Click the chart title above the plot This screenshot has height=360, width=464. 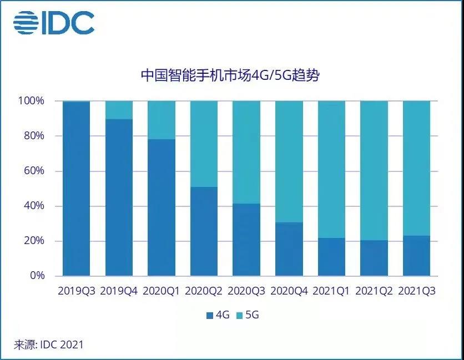click(x=230, y=75)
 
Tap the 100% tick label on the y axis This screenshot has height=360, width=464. click(x=31, y=101)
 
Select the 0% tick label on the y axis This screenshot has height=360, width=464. click(x=36, y=276)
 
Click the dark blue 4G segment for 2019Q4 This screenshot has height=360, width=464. click(x=119, y=197)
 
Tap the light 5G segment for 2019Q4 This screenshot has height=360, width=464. click(x=119, y=110)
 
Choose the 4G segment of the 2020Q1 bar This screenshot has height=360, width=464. click(x=162, y=207)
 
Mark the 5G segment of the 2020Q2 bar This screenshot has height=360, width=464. click(x=204, y=144)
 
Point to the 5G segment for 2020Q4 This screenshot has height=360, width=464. click(x=289, y=161)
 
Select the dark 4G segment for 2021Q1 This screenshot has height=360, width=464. click(x=331, y=257)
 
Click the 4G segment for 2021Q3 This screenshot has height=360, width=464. click(x=416, y=256)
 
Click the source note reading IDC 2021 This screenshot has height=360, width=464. click(x=49, y=344)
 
